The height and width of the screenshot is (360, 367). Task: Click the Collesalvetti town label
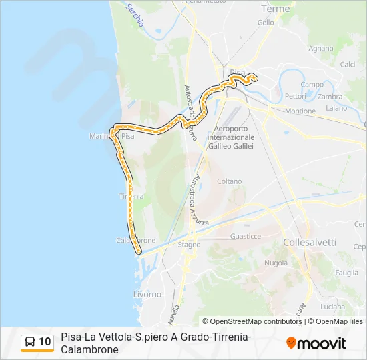pyautogui.click(x=310, y=243)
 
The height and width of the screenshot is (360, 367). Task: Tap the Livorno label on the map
pyautogui.click(x=147, y=294)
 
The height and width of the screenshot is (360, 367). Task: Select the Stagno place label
pyautogui.click(x=189, y=245)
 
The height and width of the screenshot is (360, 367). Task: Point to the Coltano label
pyautogui.click(x=229, y=181)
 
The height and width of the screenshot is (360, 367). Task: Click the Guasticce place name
pyautogui.click(x=245, y=236)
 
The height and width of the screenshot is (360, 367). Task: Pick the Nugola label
pyautogui.click(x=276, y=263)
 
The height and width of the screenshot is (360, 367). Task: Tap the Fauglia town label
pyautogui.click(x=347, y=272)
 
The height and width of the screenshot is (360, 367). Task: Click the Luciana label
pyautogui.click(x=332, y=306)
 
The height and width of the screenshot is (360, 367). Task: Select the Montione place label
pyautogui.click(x=300, y=111)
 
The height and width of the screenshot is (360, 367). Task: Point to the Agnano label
pyautogui.click(x=321, y=48)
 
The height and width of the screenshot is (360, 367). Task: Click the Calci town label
pyautogui.click(x=347, y=65)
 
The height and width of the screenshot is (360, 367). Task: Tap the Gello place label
pyautogui.click(x=266, y=22)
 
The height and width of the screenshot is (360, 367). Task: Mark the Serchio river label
pyautogui.click(x=135, y=14)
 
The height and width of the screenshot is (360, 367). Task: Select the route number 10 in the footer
pyautogui.click(x=45, y=342)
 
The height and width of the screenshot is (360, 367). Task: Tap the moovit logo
pyautogui.click(x=316, y=343)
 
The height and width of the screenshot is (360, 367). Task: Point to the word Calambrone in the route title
pyautogui.click(x=89, y=349)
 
